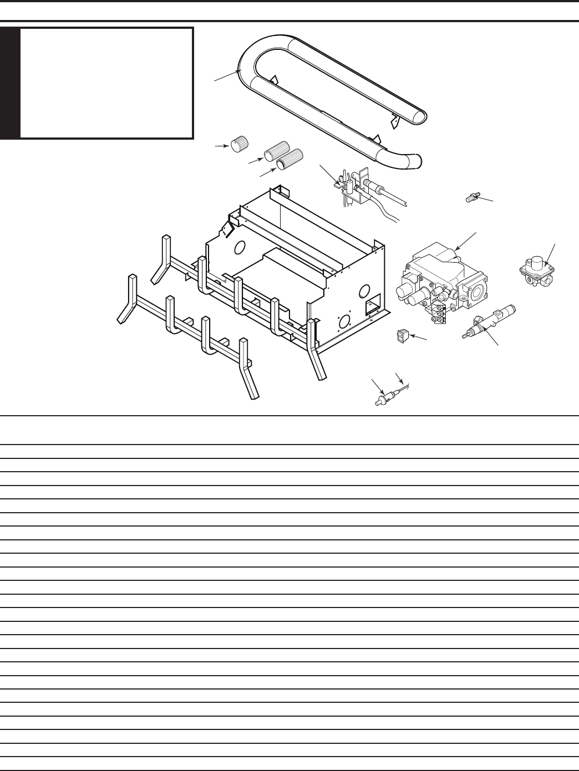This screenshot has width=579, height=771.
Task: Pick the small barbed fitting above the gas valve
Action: pyautogui.click(x=471, y=197)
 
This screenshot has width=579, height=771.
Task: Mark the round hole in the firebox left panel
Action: pyautogui.click(x=240, y=247)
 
